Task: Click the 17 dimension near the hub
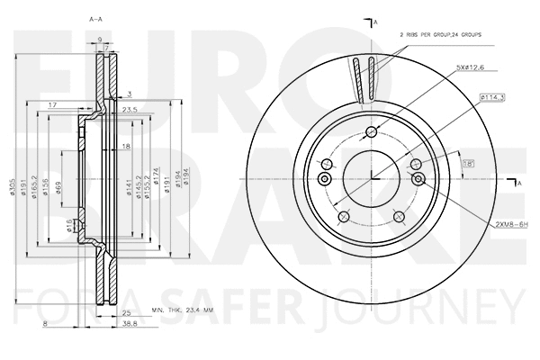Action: tap(53, 105)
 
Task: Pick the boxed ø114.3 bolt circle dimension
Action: tap(491, 97)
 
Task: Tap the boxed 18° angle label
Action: tap(468, 162)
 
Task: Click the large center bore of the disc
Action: tap(371, 175)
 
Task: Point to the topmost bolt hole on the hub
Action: tap(372, 132)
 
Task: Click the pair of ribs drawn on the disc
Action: tap(365, 78)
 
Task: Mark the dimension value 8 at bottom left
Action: tap(43, 323)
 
